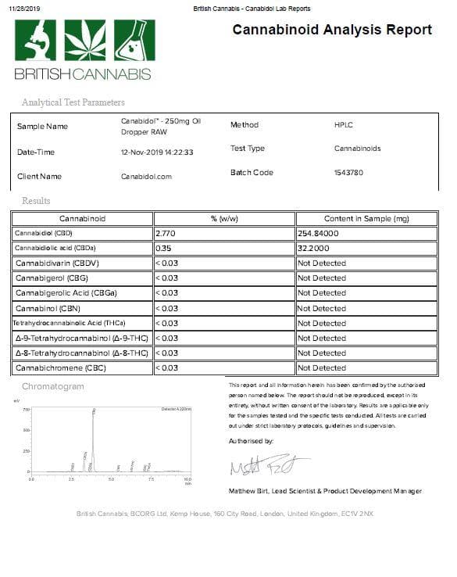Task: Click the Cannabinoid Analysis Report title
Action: coord(332,30)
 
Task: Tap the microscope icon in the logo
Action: coord(36,41)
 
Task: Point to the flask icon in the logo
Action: coord(134,41)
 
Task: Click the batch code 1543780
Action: coord(348,173)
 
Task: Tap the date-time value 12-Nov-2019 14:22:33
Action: coord(157,152)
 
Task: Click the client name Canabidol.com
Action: coord(145,177)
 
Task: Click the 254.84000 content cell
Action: coord(321,233)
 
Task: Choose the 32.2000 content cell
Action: coord(315,248)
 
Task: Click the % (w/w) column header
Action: coord(225,218)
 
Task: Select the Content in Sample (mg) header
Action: coord(366,218)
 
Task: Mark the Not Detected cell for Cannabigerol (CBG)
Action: coord(322,278)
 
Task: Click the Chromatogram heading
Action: coord(52,387)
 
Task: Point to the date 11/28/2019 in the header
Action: coord(24,8)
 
